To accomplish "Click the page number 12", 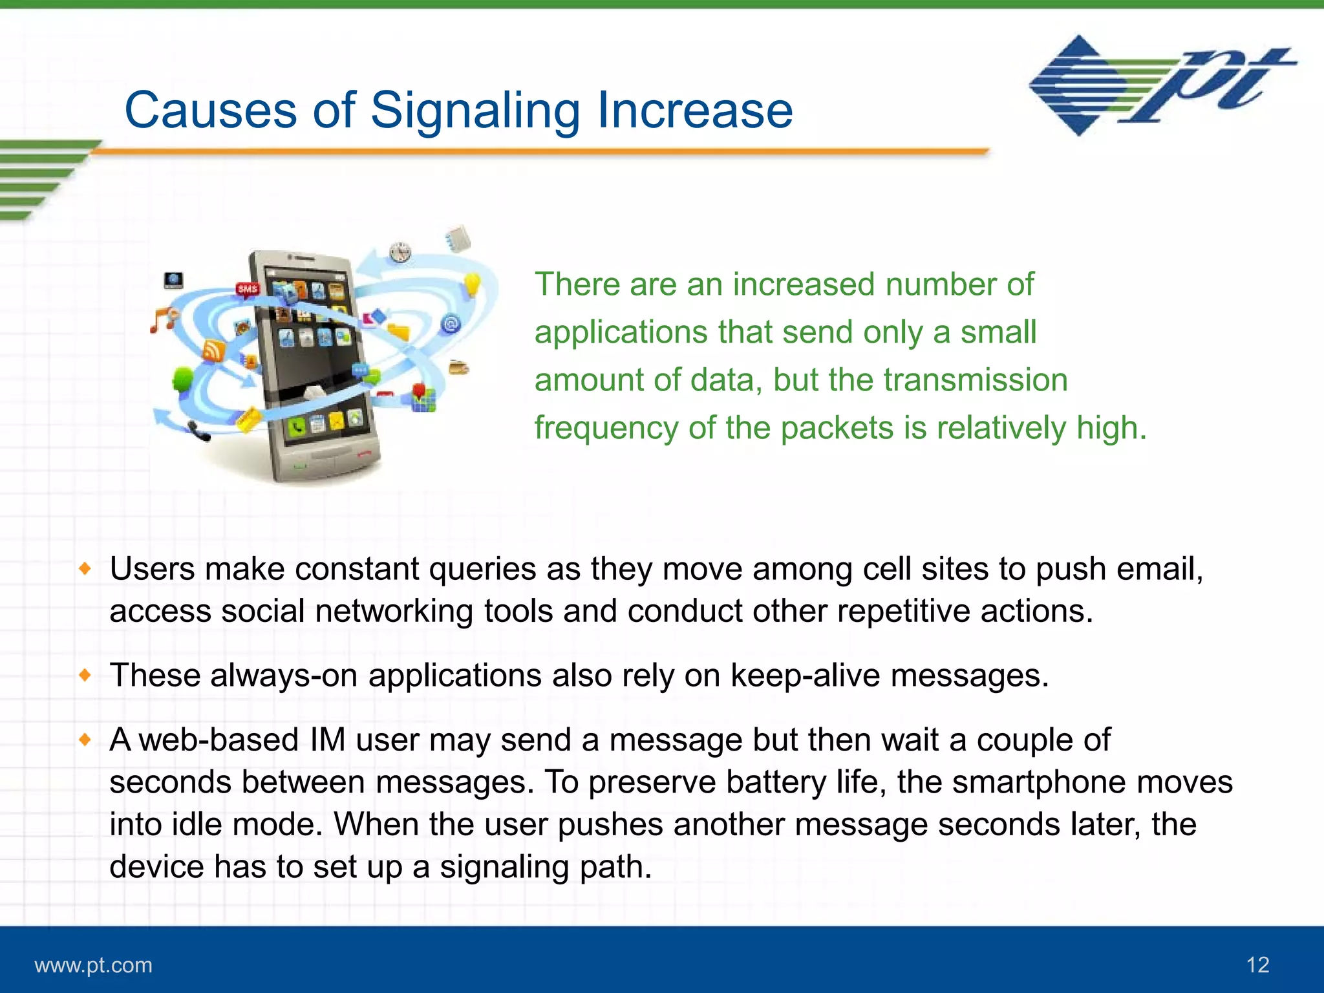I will coord(1257,965).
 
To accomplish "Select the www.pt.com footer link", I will coord(93,965).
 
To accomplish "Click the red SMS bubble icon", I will coord(248,289).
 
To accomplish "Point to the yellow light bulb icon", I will coord(473,284).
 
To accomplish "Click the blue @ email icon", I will coord(451,323).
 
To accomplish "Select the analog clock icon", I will coord(400,251).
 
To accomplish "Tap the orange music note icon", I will coord(162,320).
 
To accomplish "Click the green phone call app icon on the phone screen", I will coord(297,427).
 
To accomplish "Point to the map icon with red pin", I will coord(423,398).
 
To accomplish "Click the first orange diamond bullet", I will coord(85,569).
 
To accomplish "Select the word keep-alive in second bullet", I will coord(805,676).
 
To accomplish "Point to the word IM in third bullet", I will coord(328,740).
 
